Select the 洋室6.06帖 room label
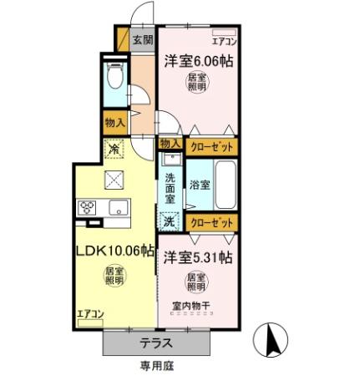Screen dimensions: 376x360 tap(198, 60)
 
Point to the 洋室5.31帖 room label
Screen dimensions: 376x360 tap(198, 254)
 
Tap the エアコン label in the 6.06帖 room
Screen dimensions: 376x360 tap(223, 40)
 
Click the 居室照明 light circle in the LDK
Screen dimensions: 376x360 tap(112, 277)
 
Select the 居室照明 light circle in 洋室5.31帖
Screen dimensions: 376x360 tap(196, 282)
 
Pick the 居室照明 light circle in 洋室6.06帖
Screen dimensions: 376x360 tap(198, 84)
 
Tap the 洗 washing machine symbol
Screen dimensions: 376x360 tap(169, 222)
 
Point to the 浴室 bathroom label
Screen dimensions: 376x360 tap(199, 184)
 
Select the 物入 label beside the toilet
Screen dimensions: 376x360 tap(114, 123)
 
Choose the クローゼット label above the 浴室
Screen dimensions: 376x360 tap(209, 147)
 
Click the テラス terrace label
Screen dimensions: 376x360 tap(155, 343)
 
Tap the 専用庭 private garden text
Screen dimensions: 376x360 tap(155, 365)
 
